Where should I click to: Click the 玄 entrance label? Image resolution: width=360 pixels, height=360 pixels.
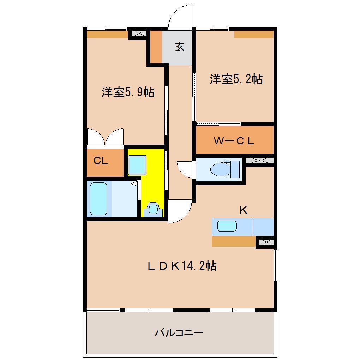(x=180, y=47)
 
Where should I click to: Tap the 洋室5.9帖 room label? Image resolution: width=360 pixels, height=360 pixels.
(x=128, y=92)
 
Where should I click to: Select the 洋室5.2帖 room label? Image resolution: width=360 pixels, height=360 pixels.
(x=236, y=79)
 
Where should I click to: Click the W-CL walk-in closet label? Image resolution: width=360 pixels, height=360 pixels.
(x=234, y=141)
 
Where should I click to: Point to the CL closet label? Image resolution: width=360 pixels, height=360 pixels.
(x=101, y=161)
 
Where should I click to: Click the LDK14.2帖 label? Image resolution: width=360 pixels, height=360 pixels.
(x=181, y=265)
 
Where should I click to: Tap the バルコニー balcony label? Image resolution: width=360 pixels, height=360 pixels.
(x=179, y=332)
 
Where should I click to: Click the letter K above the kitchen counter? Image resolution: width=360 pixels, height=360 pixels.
(x=243, y=211)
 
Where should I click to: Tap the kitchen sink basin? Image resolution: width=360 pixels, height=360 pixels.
(x=227, y=226)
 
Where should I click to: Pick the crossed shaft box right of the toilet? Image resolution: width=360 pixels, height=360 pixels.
(x=259, y=160)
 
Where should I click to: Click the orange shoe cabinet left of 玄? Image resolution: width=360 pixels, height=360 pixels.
(x=156, y=46)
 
